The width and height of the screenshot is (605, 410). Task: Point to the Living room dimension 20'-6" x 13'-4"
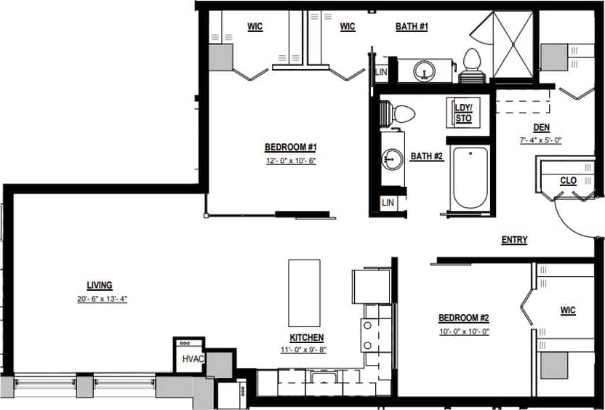click(x=102, y=299)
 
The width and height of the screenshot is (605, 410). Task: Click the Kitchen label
click(x=306, y=337)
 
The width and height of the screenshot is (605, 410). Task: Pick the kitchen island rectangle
click(x=305, y=292)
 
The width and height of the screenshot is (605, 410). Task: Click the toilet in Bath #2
click(x=401, y=113)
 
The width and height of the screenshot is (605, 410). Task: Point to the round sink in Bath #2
click(x=393, y=158)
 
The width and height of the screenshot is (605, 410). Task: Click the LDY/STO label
click(x=463, y=113)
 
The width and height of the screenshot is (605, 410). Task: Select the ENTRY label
click(x=514, y=240)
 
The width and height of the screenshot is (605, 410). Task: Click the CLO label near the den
click(x=569, y=180)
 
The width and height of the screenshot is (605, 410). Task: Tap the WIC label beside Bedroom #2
click(x=568, y=310)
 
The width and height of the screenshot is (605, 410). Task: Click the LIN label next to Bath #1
click(x=381, y=72)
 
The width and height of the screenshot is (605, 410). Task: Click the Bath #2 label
click(x=427, y=156)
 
